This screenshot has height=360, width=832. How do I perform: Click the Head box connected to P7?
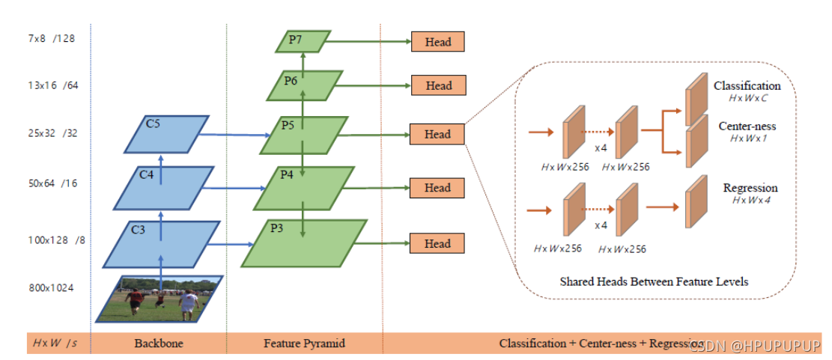[437, 42]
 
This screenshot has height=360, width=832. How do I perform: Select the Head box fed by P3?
[437, 243]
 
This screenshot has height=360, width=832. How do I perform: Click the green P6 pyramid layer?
[305, 86]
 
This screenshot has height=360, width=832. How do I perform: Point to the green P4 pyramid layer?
[303, 188]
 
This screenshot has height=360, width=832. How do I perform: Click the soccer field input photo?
[158, 299]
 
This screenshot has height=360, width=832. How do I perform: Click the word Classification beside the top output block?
[747, 86]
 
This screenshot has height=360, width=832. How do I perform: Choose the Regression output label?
[750, 188]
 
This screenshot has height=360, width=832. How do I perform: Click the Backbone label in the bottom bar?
[158, 344]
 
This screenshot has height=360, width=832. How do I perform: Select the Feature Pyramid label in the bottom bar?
[303, 344]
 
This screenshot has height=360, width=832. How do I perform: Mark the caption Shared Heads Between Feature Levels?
[654, 281]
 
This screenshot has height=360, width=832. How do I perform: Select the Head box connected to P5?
[437, 134]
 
